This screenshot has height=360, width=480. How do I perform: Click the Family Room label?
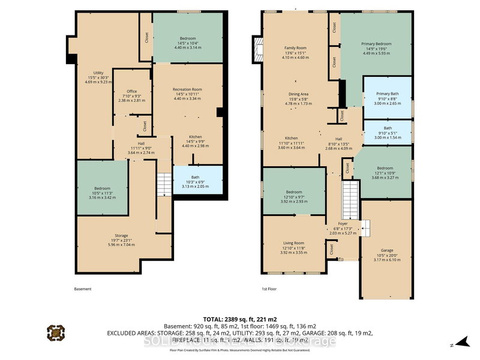tap(295, 48)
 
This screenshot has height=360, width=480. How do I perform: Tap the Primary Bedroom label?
tap(376, 44)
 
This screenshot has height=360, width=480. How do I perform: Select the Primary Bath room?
tap(388, 97)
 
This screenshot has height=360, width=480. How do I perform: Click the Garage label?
tap(386, 251)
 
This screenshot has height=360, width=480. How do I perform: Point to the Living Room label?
tap(293, 243)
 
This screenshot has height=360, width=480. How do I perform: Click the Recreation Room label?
tap(188, 89)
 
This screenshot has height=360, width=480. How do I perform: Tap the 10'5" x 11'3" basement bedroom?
tap(102, 188)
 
